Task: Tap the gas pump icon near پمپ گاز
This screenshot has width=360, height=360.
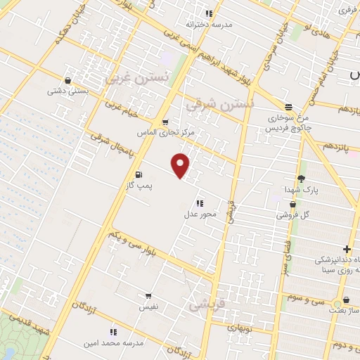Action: [139, 174]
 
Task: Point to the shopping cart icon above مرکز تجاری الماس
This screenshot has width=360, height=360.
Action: [165, 122]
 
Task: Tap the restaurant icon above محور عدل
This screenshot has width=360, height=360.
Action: [200, 202]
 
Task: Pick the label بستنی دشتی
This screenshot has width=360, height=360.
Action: [67, 91]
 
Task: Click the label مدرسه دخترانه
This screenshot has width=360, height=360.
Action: [208, 24]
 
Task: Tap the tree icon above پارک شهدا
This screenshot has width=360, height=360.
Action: [302, 179]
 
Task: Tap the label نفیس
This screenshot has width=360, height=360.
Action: [148, 307]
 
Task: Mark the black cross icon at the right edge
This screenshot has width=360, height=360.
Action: [346, 249]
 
